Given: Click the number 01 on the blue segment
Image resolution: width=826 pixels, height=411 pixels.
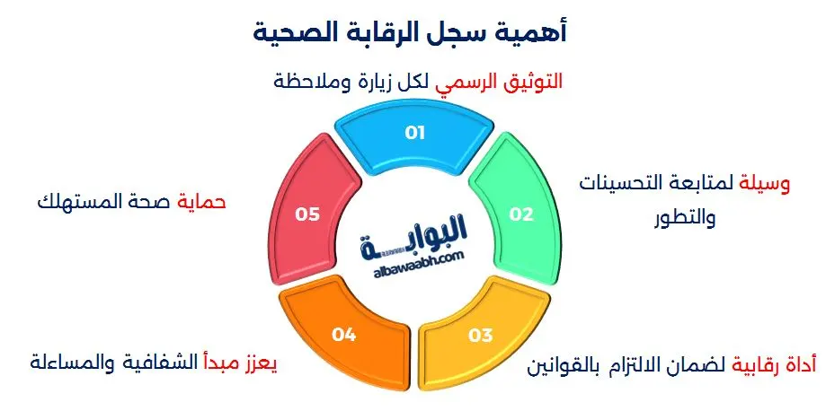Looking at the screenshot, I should coord(414,133).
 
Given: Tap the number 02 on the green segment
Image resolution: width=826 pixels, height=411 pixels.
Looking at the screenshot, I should coord(522,214).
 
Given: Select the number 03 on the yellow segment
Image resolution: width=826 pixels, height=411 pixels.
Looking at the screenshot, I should coord(481,336).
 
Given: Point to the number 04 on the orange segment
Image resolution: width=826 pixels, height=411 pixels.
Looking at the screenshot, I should coord(344,336).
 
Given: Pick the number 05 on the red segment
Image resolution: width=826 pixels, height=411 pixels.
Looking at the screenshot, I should coord(307,214).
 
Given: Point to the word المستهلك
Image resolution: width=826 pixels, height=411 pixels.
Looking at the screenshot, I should coord(76,201).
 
